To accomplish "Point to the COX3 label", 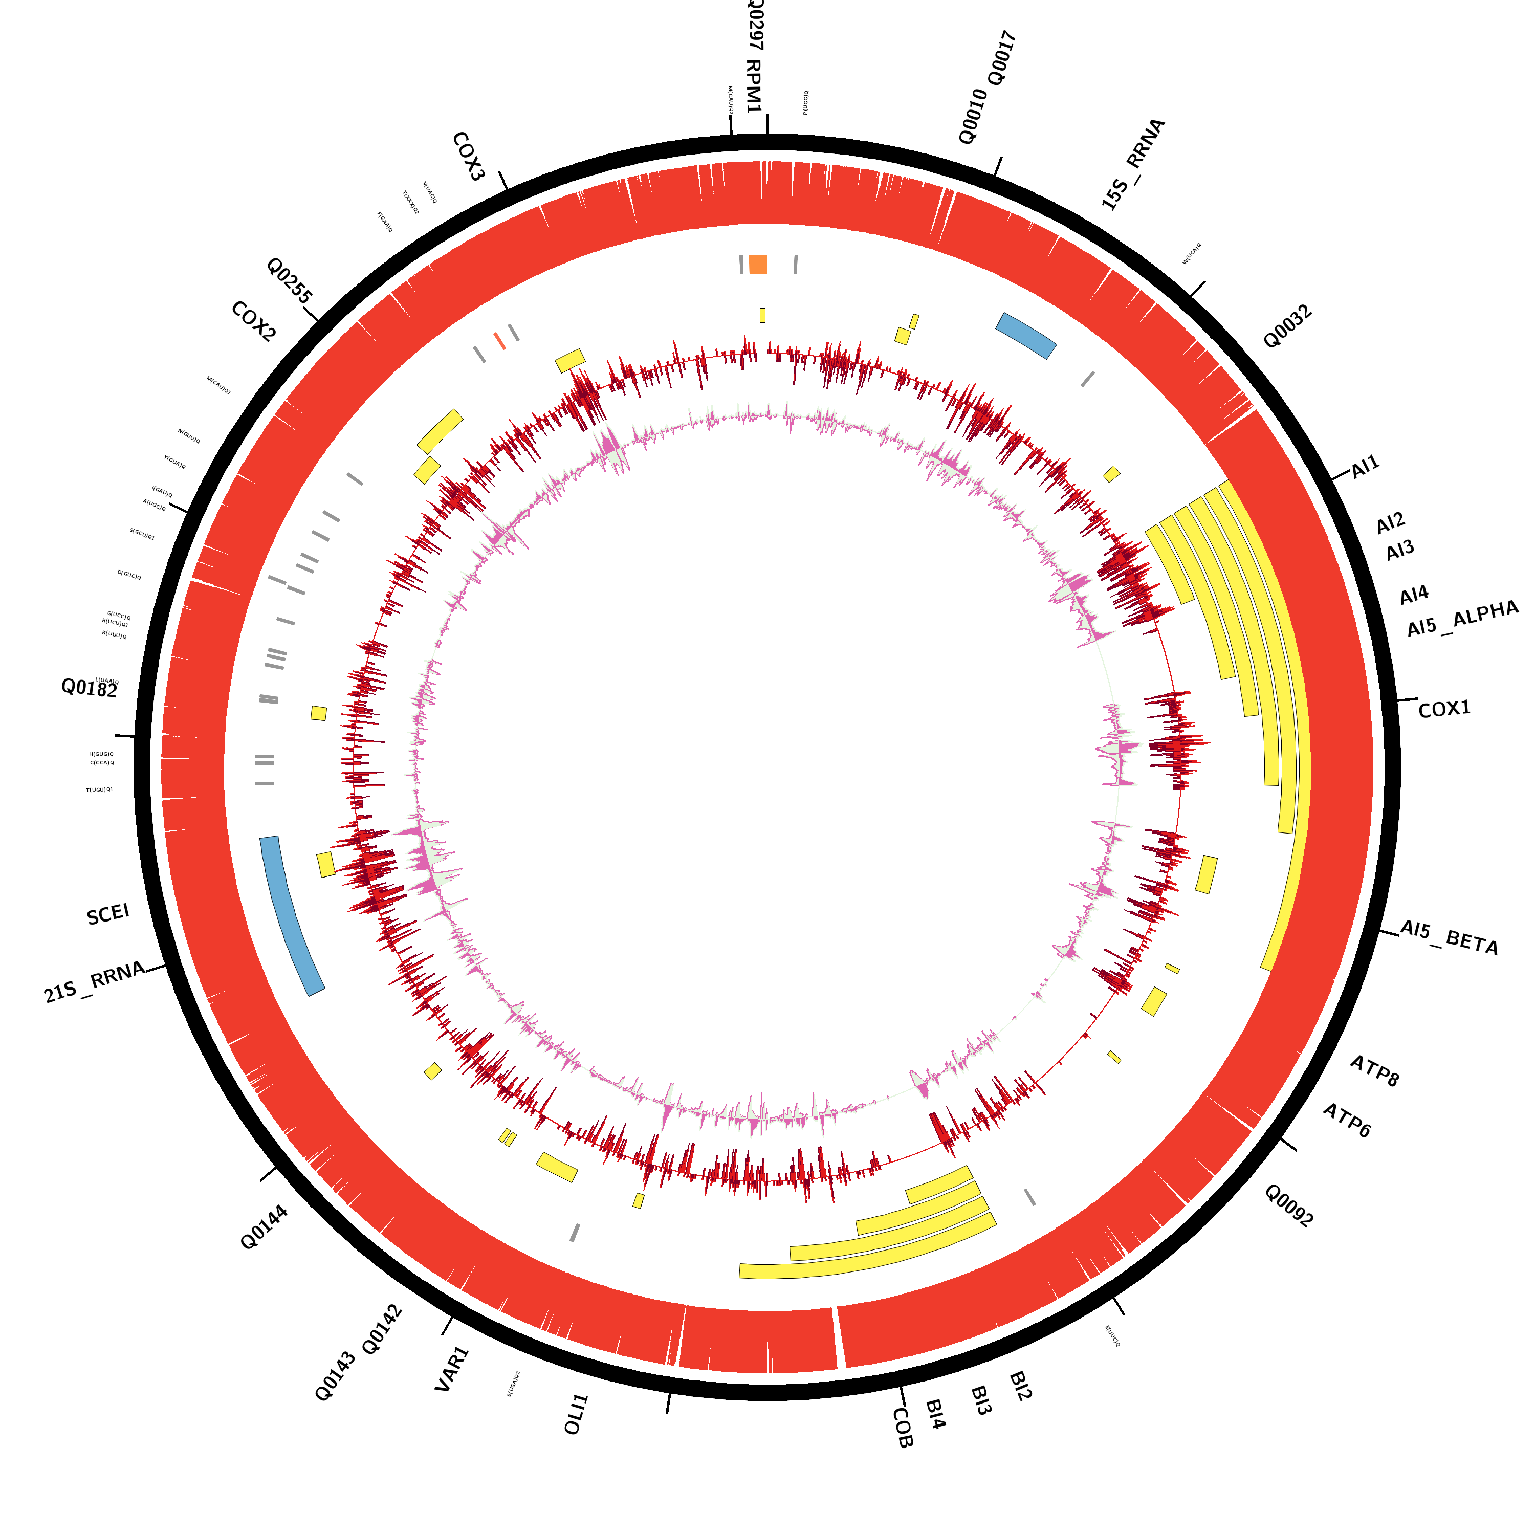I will click(x=468, y=157).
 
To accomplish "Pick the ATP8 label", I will click(x=1374, y=1070).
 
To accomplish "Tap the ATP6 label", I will click(x=1347, y=1120).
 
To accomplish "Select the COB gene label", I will click(x=903, y=1428).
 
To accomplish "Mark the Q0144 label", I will click(x=264, y=1227).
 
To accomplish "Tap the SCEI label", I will click(x=108, y=914).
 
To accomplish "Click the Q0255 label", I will click(x=289, y=280).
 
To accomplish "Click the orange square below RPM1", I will click(x=759, y=264).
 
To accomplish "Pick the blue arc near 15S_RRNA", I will click(x=1026, y=335).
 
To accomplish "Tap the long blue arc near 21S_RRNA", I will click(x=292, y=916).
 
